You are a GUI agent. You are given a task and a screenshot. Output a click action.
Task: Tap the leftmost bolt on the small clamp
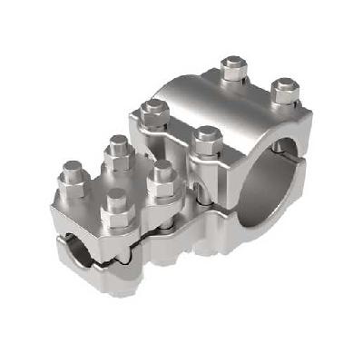coord(72,172)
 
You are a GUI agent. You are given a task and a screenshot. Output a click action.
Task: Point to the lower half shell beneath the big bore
coord(272,227)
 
